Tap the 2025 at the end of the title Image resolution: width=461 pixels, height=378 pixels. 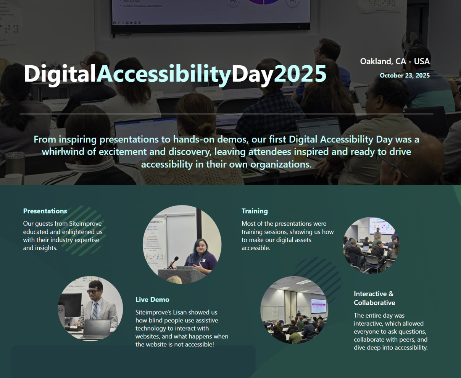pos(300,73)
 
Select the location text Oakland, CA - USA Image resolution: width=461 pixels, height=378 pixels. pos(395,61)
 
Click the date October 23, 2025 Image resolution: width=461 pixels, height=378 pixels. pos(405,75)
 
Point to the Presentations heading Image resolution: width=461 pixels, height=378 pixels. pos(45,211)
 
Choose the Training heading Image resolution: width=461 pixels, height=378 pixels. pos(255,211)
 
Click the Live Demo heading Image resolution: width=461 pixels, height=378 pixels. pos(152,299)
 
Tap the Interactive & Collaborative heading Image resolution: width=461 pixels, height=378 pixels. pos(374,298)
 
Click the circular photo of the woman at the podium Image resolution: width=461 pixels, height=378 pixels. pos(182,244)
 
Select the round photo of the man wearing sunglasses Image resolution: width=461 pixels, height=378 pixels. pos(90,309)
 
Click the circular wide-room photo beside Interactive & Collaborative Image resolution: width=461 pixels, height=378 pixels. pos(294,309)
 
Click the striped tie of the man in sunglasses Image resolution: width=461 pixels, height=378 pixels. pos(94,311)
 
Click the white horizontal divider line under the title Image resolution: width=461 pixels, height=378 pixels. pos(226,114)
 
